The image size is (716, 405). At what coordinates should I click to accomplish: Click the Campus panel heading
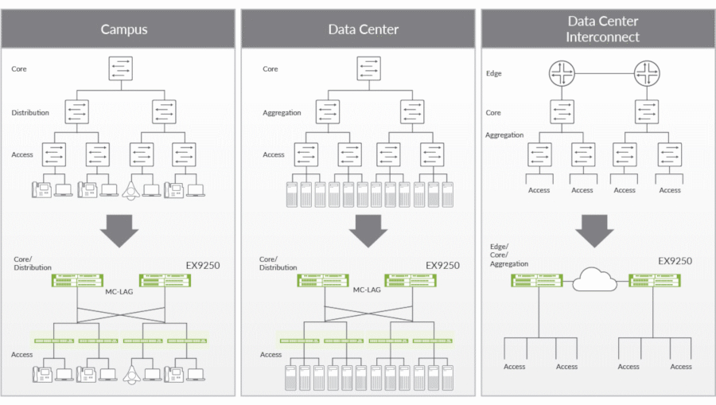(x=123, y=29)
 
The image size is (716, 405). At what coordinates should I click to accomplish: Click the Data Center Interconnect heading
(x=602, y=29)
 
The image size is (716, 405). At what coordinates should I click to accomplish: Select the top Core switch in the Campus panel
(x=121, y=68)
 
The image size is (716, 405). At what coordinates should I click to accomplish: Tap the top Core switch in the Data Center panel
(x=368, y=68)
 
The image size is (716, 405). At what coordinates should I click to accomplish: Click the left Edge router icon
(x=562, y=75)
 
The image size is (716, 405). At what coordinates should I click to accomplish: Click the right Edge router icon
(x=647, y=75)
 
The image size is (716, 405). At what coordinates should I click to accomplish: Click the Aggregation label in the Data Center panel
(x=282, y=113)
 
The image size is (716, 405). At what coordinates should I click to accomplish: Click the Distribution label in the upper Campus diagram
(x=29, y=113)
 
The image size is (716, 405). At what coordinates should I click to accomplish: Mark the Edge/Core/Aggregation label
(x=509, y=255)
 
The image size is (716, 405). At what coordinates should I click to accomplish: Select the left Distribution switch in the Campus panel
(x=77, y=111)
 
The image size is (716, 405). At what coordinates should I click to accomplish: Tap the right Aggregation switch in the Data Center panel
(x=412, y=111)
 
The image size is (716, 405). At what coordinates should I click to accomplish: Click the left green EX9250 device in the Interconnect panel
(x=537, y=279)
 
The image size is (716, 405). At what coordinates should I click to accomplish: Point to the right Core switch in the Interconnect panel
(x=647, y=111)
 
